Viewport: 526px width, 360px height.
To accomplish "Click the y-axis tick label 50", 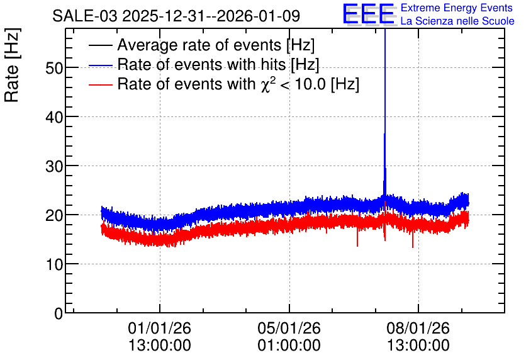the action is (54, 69).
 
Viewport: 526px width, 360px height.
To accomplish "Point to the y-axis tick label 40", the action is (54, 118).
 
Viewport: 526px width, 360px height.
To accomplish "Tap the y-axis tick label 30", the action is (54, 166).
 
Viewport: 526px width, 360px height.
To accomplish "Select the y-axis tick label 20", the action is (54, 215).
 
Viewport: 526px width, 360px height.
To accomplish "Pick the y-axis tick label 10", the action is (54, 265).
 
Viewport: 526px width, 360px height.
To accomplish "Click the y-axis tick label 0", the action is (59, 313).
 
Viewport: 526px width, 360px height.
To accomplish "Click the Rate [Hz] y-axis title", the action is (12, 65).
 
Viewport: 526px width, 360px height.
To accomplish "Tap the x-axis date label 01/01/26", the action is (160, 328).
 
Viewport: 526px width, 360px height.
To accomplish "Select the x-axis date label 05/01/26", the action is (289, 328).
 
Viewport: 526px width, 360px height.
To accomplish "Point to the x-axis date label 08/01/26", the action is (418, 328).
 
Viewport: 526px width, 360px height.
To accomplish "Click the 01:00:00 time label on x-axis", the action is (289, 346).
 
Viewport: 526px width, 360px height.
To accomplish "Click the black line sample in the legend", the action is (100, 45).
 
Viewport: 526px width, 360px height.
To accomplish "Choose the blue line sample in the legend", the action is (100, 65).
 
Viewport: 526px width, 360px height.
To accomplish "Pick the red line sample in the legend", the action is (100, 84).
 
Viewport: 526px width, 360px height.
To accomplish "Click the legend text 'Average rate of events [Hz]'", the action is (216, 45).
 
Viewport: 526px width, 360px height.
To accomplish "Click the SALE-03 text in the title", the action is (85, 16).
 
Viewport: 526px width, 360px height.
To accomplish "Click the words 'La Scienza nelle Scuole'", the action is (457, 21).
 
